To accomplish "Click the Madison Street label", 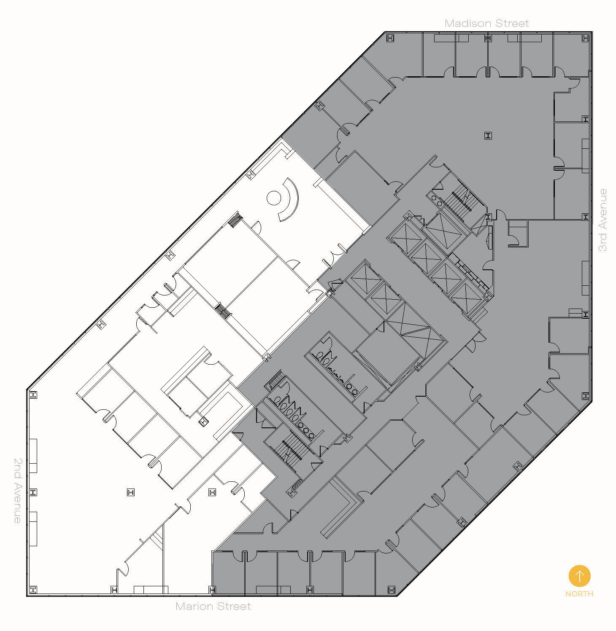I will click(x=486, y=24).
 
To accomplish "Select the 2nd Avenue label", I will click(x=17, y=491).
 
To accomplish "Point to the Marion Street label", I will click(x=213, y=606).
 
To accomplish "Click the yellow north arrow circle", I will click(x=579, y=576).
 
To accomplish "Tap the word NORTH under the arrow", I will click(x=579, y=594).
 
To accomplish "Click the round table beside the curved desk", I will click(x=274, y=197).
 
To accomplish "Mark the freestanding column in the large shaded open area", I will click(x=488, y=136).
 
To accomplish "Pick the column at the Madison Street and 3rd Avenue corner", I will click(x=585, y=38).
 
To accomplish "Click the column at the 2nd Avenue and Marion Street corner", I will click(x=33, y=589).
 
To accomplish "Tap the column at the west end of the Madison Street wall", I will click(x=390, y=38).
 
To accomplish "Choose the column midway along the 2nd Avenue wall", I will click(x=33, y=492).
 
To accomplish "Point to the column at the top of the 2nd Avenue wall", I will click(x=33, y=395).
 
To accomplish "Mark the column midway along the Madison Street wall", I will click(x=488, y=38).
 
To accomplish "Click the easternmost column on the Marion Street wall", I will click(x=392, y=589).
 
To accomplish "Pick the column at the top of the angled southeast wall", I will click(x=586, y=395).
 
